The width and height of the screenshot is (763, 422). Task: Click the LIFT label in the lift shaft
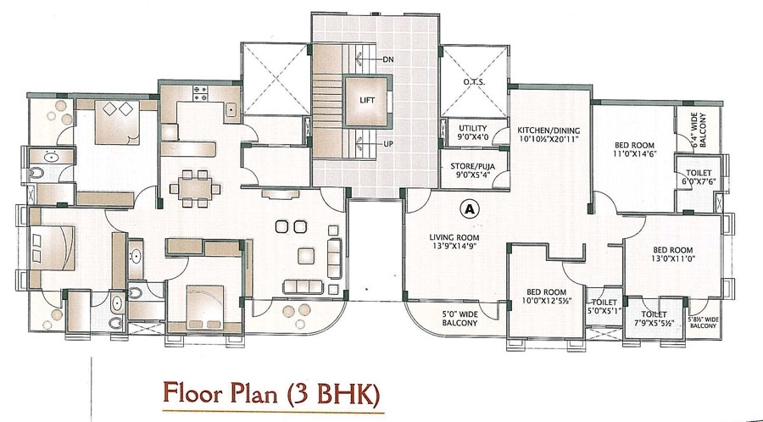367,100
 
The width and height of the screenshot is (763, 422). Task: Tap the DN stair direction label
387,60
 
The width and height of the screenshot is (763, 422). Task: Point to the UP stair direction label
388,144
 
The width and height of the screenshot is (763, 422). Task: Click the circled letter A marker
469,208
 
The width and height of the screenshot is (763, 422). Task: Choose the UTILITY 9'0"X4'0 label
473,132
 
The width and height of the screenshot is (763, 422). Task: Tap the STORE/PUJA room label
473,170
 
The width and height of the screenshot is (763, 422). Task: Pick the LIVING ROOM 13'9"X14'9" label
454,242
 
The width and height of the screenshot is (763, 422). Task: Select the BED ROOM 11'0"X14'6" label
634,149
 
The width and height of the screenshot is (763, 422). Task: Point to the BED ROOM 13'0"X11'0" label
672,254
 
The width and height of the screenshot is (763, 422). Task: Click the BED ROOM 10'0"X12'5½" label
547,296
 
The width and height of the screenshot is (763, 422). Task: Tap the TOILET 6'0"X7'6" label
699,177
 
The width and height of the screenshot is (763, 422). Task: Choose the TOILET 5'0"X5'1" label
604,307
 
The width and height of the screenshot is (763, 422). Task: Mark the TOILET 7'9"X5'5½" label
654,319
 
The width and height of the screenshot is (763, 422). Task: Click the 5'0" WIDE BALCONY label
459,319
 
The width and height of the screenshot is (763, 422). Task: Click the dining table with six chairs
195,189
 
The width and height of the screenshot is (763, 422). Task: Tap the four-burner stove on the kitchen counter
200,93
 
